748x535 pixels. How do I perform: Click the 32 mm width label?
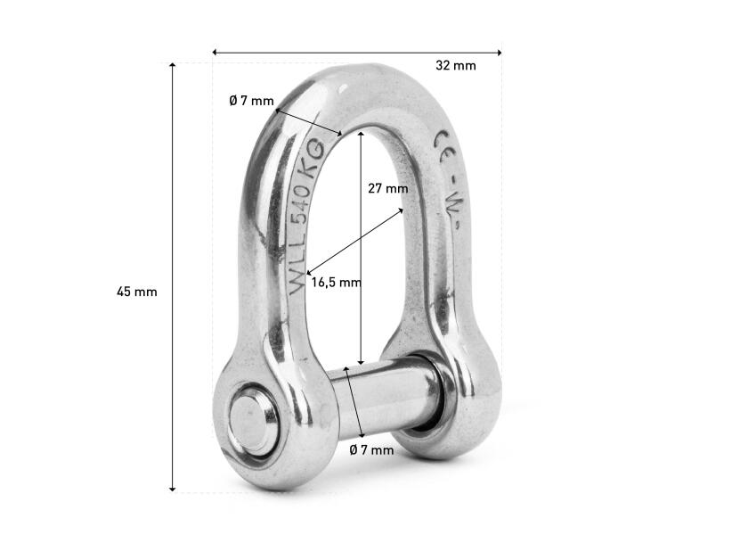pyautogui.click(x=455, y=65)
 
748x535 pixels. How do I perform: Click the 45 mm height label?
pyautogui.click(x=136, y=292)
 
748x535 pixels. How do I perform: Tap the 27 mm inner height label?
pyautogui.click(x=387, y=188)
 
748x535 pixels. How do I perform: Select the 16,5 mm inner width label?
pyautogui.click(x=336, y=283)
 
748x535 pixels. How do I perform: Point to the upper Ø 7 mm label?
pyautogui.click(x=251, y=101)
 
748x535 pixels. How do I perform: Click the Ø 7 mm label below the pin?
pyautogui.click(x=371, y=450)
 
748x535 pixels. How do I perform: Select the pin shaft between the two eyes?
pyautogui.click(x=383, y=399)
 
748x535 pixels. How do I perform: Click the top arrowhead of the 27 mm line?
pyautogui.click(x=361, y=132)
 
